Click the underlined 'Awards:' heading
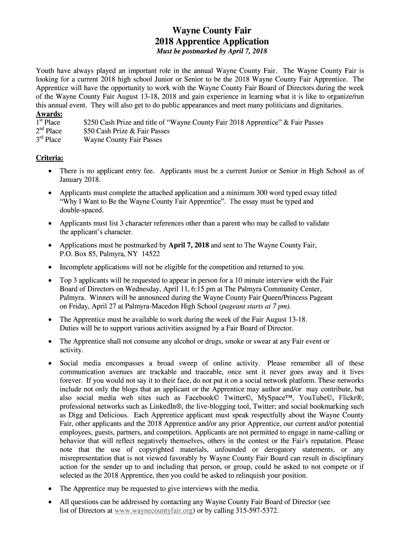click(x=49, y=114)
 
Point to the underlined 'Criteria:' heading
click(x=50, y=158)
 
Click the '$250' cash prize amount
click(x=92, y=122)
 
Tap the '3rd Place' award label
click(x=48, y=140)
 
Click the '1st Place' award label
click(x=48, y=122)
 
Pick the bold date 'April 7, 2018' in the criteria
click(x=189, y=245)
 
